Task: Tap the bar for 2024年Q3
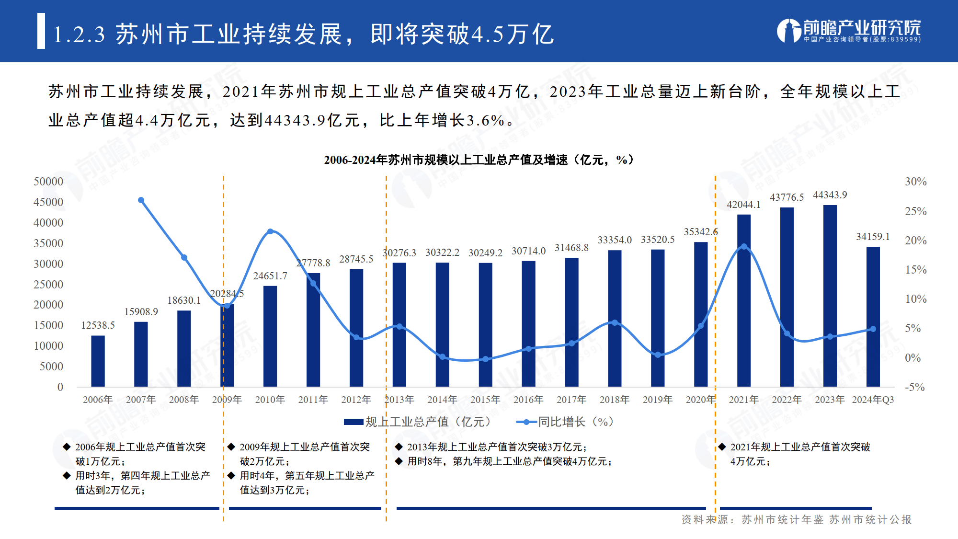click(x=873, y=316)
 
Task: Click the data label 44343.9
click(x=830, y=195)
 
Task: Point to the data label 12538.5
click(x=98, y=325)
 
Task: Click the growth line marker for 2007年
click(x=141, y=200)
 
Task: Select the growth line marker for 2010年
click(x=270, y=231)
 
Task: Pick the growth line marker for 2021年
click(x=743, y=247)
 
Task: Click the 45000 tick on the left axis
click(x=48, y=202)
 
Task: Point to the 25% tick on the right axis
click(x=915, y=211)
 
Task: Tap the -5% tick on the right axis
click(x=914, y=387)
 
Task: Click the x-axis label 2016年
click(x=528, y=400)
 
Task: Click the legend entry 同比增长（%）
click(x=565, y=422)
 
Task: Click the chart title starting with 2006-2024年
click(x=479, y=160)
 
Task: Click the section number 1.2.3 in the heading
click(x=79, y=34)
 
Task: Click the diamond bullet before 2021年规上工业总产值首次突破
click(x=722, y=447)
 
